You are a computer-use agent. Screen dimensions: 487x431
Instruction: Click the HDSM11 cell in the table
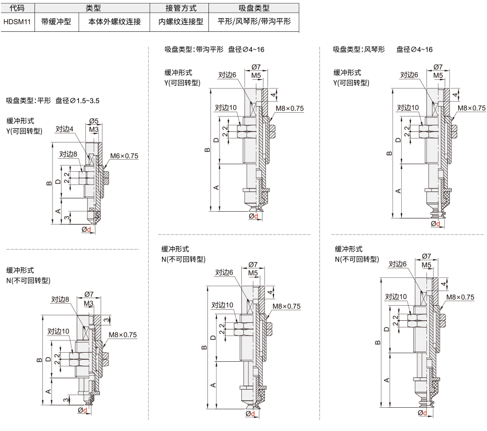17,22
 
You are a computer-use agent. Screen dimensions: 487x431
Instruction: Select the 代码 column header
17,8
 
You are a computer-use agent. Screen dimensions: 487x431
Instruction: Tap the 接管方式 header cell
181,8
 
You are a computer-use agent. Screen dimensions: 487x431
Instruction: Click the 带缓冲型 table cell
56,21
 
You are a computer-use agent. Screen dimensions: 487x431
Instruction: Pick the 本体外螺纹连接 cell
115,21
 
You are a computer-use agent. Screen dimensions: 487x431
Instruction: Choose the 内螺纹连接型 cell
181,21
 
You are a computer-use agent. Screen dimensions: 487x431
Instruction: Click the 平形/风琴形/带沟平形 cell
254,21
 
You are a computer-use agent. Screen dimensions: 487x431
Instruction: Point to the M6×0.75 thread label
124,156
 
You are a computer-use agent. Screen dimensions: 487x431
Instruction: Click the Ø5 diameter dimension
94,121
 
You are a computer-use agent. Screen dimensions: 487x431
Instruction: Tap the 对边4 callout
64,129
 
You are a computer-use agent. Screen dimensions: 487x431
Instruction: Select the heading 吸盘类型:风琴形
359,50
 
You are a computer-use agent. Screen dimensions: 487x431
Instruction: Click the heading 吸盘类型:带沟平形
194,50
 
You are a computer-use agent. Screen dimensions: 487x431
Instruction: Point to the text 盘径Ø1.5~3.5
77,101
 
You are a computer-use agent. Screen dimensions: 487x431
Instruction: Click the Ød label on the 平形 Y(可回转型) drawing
86,229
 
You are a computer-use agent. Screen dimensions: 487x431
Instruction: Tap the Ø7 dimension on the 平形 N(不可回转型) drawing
89,294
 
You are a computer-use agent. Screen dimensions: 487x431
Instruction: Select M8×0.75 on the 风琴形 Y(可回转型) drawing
471,108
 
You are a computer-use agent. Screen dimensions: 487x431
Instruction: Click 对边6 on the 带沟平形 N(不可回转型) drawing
224,272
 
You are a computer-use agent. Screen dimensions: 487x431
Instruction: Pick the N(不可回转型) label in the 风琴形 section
357,259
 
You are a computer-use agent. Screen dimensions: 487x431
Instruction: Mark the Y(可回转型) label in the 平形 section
24,131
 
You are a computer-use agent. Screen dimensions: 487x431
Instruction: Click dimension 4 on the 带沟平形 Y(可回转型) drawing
273,94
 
